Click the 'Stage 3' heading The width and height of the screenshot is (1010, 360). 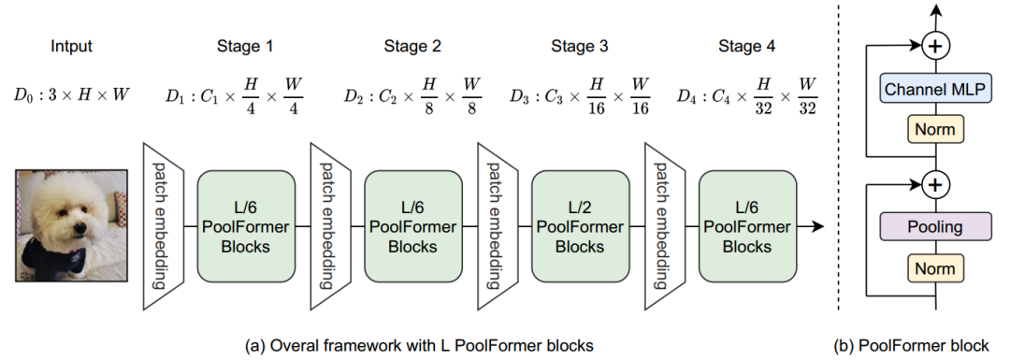point(579,45)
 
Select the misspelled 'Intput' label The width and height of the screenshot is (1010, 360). point(72,45)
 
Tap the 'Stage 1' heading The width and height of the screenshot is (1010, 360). point(245,45)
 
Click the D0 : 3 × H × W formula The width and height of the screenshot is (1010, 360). point(72,94)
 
